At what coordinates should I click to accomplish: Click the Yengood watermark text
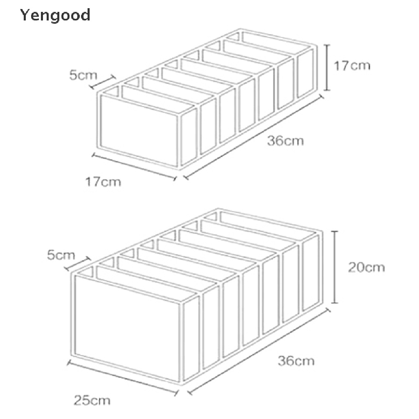click(x=55, y=16)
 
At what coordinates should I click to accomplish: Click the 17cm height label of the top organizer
click(x=351, y=66)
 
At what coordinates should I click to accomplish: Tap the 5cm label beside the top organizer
click(x=83, y=75)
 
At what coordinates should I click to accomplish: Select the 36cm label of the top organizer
click(x=285, y=141)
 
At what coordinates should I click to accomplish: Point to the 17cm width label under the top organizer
click(x=103, y=181)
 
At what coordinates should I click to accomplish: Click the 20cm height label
click(x=366, y=267)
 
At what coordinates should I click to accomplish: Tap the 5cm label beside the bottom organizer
click(x=61, y=256)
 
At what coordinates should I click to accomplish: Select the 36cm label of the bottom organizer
click(x=296, y=361)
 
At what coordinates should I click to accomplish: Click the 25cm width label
click(x=92, y=399)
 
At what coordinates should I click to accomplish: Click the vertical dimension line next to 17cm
click(x=327, y=68)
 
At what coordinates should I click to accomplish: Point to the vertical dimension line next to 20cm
click(x=335, y=267)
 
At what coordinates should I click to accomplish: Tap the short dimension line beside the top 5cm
click(x=103, y=82)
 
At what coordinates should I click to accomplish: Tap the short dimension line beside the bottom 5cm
click(x=77, y=264)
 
